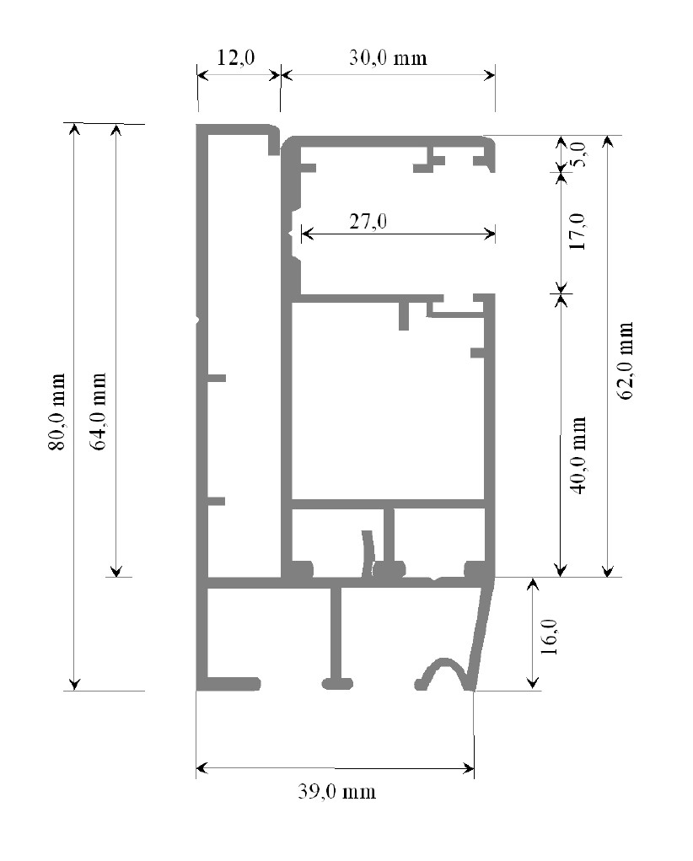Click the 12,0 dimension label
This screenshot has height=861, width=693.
[x=235, y=57]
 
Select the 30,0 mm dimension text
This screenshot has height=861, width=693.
[x=388, y=57]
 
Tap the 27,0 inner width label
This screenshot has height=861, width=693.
[x=368, y=221]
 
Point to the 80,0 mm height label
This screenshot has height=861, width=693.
[x=57, y=412]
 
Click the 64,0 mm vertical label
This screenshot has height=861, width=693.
[x=98, y=412]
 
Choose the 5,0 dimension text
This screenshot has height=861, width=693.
[x=580, y=153]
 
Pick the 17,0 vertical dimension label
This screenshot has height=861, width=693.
[x=577, y=231]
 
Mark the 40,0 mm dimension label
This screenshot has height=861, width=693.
[x=577, y=455]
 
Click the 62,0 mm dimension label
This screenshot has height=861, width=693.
[x=626, y=361]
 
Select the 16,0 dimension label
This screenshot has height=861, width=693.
[x=549, y=637]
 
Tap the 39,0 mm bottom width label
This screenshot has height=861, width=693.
[x=337, y=791]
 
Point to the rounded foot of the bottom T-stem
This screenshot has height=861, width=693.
[x=336, y=683]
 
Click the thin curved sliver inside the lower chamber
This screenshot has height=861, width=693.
[x=368, y=552]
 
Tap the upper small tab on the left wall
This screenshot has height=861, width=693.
[x=217, y=378]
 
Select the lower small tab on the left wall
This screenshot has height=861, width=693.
[x=217, y=501]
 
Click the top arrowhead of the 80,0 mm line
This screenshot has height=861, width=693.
[x=75, y=128]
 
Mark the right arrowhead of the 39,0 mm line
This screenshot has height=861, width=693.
[x=468, y=768]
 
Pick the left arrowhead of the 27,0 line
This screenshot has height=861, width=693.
[x=307, y=234]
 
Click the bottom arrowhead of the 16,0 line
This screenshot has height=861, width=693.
[x=532, y=683]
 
